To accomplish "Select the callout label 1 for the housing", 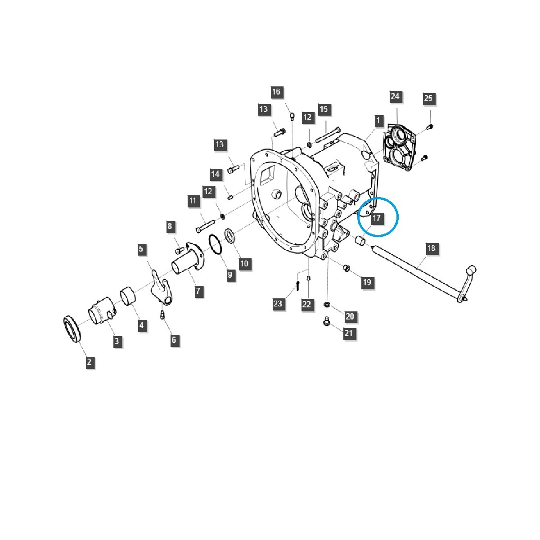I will (x=378, y=121).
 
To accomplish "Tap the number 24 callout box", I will (x=395, y=96).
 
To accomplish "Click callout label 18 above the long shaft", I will (x=431, y=248).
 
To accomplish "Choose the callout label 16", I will (x=276, y=92).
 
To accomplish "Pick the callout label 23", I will (x=278, y=304).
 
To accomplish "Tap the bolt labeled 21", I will (x=327, y=321).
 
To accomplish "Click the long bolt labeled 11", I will (x=206, y=225).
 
